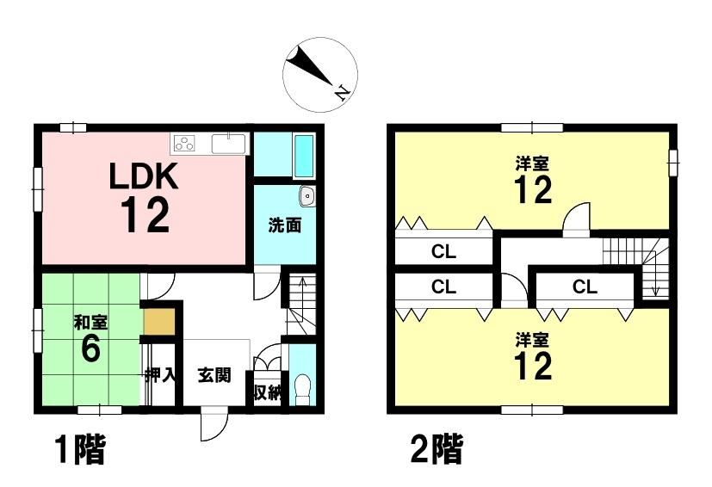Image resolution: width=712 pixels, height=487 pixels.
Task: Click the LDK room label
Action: [x=144, y=177]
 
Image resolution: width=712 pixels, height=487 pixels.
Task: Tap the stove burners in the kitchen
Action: [x=185, y=144]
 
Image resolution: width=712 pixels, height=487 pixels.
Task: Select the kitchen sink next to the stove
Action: [x=228, y=144]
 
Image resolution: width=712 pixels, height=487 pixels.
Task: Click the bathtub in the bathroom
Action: [x=303, y=156]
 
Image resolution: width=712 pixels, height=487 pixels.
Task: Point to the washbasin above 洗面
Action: [x=307, y=196]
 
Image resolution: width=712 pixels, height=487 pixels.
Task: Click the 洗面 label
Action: [x=285, y=225]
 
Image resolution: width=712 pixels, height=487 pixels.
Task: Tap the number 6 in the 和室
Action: [x=90, y=349]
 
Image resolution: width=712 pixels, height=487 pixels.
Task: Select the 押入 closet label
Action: [x=160, y=375]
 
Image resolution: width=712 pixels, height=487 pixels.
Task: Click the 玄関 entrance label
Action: [x=214, y=375]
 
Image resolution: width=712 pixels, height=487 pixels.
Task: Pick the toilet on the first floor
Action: [x=302, y=390]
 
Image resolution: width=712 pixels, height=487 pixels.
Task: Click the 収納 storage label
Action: [x=267, y=393]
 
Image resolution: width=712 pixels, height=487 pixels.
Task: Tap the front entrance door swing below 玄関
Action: [x=214, y=423]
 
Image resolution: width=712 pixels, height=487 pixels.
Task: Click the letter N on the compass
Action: [x=343, y=93]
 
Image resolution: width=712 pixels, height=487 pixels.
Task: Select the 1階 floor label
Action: [x=80, y=449]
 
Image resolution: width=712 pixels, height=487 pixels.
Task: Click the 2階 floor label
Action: [x=436, y=449]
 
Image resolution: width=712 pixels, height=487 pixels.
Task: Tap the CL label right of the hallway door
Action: [x=585, y=287]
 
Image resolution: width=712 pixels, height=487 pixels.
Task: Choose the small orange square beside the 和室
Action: [x=159, y=322]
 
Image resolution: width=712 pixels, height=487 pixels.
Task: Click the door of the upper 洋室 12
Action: [x=576, y=219]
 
